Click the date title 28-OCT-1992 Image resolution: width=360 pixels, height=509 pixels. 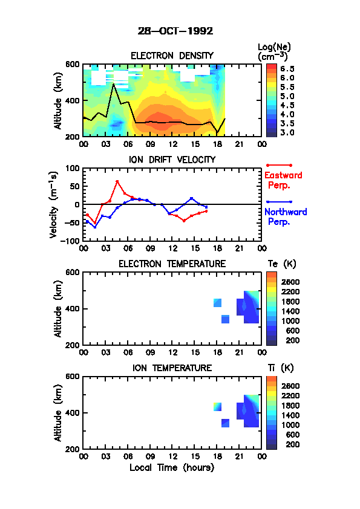(175, 31)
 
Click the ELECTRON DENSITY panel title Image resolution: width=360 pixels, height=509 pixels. (172, 56)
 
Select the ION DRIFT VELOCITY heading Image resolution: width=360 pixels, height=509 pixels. (172, 160)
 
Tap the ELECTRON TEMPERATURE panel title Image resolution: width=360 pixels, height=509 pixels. (172, 264)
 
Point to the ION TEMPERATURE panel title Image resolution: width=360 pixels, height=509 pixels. (172, 368)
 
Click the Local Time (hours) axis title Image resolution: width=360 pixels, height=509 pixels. (172, 468)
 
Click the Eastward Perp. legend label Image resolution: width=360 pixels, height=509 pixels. (283, 180)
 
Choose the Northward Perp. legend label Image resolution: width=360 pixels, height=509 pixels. (285, 216)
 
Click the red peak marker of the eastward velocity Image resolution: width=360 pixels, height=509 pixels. (117, 182)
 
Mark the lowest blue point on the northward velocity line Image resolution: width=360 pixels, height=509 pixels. (95, 227)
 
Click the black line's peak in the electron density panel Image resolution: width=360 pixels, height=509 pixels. (113, 84)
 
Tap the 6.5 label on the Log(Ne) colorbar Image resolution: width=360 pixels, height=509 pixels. (287, 69)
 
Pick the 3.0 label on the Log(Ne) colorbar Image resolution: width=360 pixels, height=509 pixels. (287, 132)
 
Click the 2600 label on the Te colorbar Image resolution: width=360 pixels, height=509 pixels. (290, 282)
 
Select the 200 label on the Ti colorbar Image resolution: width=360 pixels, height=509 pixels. (292, 444)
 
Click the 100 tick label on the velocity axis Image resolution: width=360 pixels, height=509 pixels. (73, 168)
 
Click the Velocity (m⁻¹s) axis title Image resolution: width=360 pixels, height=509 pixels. (54, 204)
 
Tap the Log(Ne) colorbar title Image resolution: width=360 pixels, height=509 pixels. (274, 51)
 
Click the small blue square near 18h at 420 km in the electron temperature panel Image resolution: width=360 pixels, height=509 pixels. (217, 303)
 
